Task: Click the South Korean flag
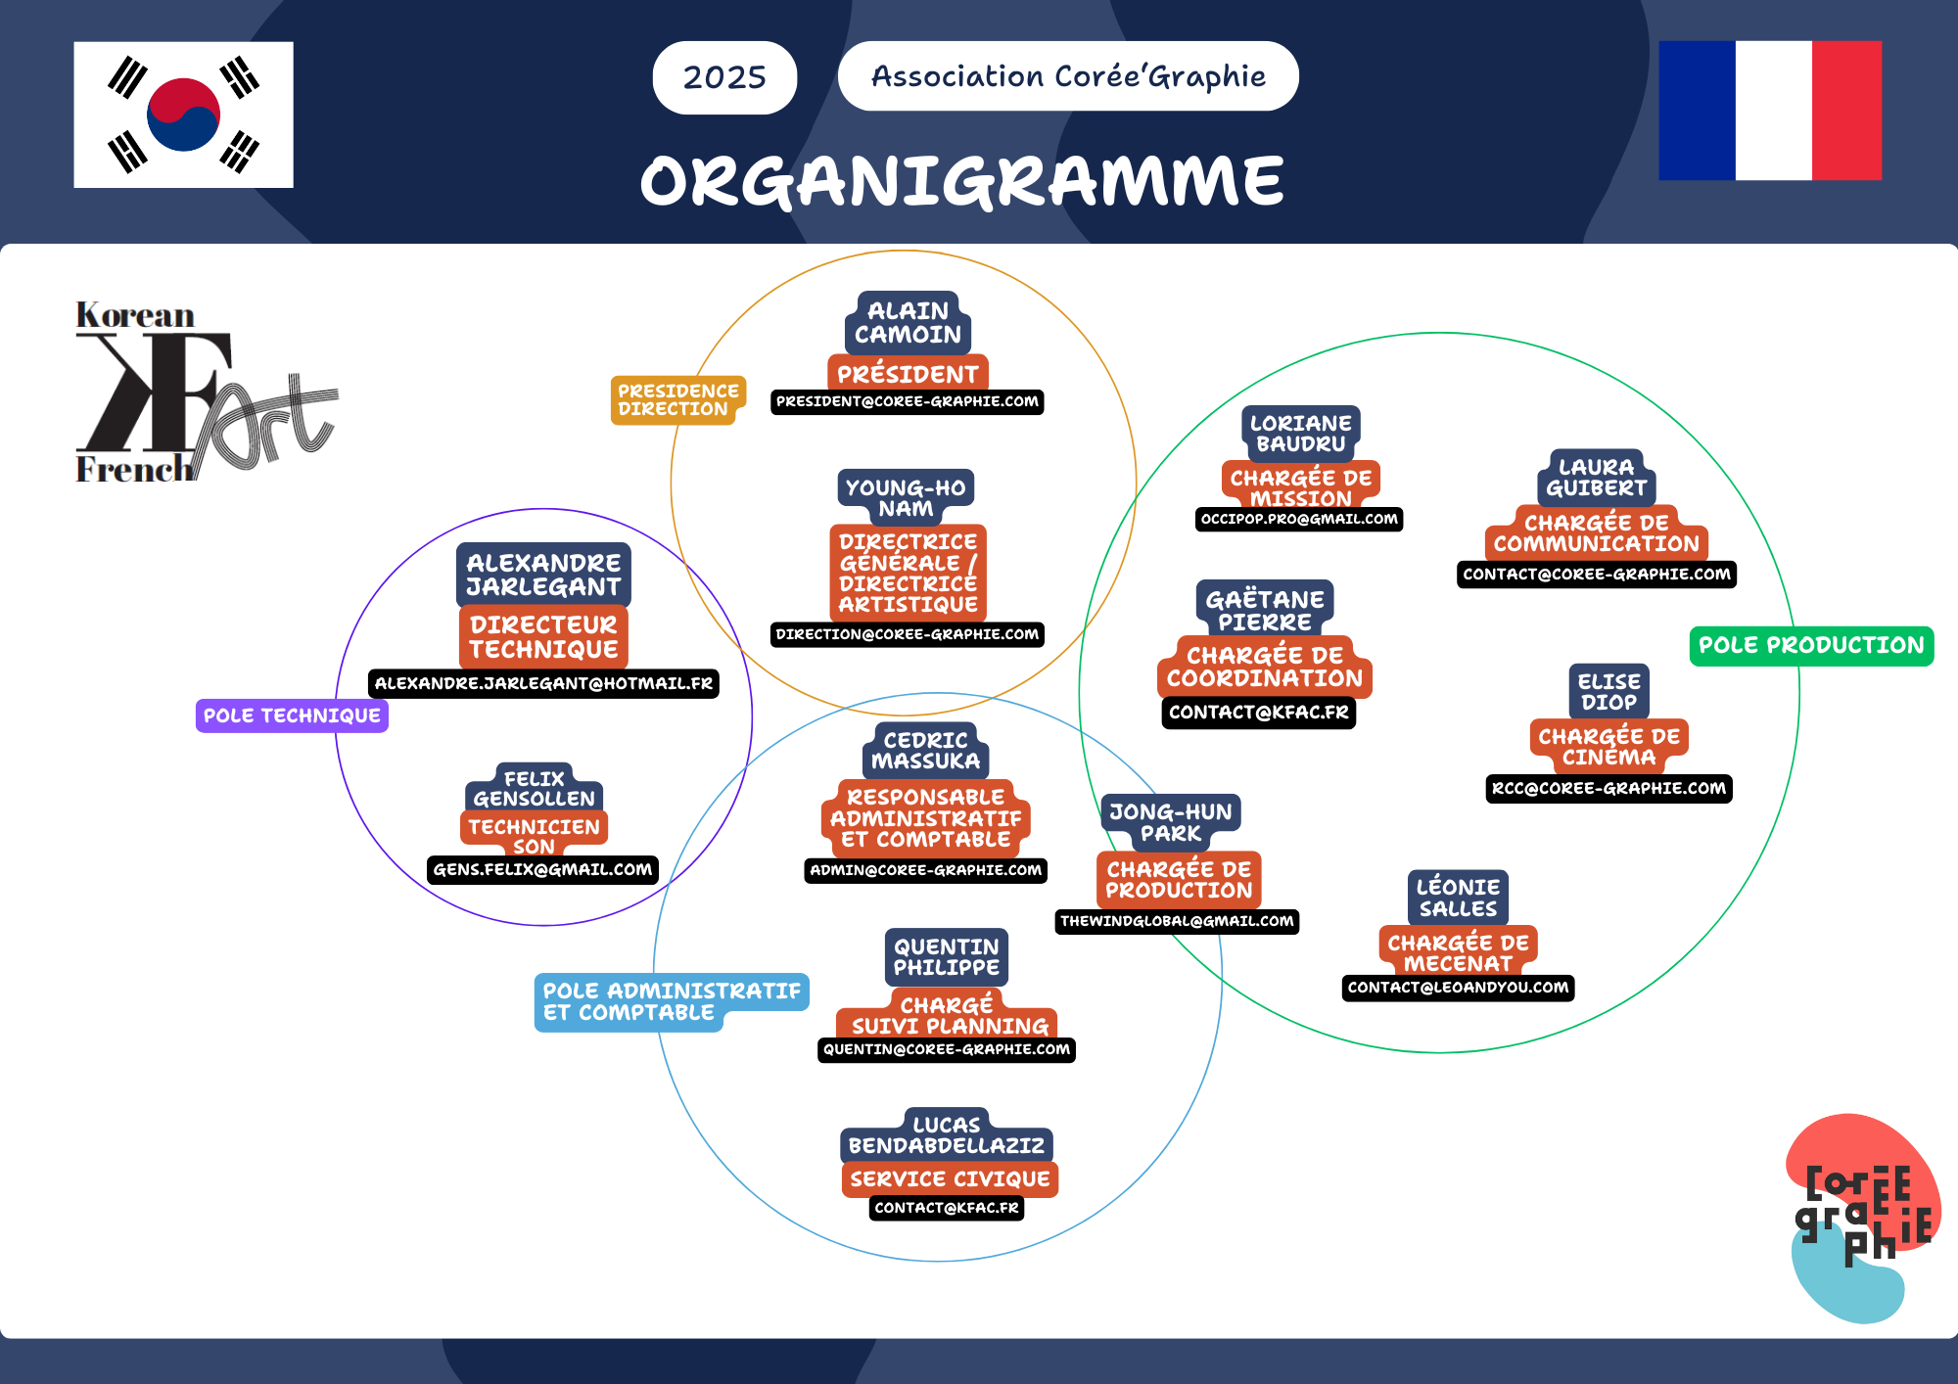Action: click(183, 115)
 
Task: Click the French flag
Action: click(1770, 111)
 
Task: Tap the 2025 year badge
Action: click(724, 77)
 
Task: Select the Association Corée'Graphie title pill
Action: click(1068, 76)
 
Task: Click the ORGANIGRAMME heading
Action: click(961, 181)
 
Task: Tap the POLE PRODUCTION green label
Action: click(1811, 646)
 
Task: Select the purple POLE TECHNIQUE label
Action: click(292, 715)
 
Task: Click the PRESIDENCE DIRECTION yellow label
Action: click(677, 400)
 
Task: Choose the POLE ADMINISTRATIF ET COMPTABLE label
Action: click(671, 1001)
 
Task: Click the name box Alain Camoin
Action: click(908, 323)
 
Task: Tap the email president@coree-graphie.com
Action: click(907, 401)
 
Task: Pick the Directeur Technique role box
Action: click(543, 637)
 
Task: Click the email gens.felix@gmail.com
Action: click(542, 869)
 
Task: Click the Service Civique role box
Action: click(950, 1178)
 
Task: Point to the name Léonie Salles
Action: click(1458, 898)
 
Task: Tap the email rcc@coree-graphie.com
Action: click(1608, 788)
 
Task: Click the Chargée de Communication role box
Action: click(1596, 533)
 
